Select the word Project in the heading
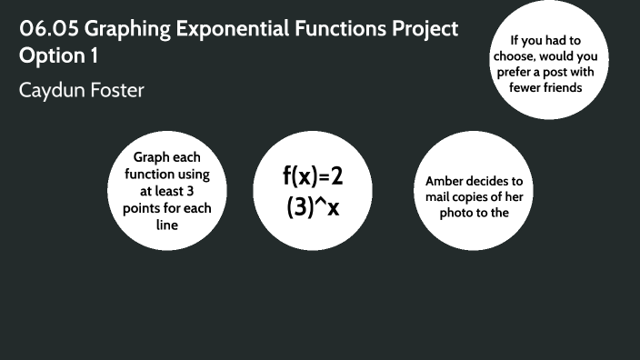click(x=418, y=28)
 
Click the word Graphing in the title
click(x=132, y=28)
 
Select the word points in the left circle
click(x=142, y=208)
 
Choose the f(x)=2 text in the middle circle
click(x=314, y=175)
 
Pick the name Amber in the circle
click(x=445, y=181)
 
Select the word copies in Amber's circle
click(x=478, y=197)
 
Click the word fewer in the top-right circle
click(x=520, y=87)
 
